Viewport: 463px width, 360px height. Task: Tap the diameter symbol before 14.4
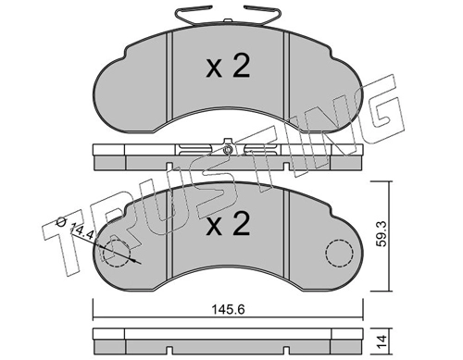click(59, 221)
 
